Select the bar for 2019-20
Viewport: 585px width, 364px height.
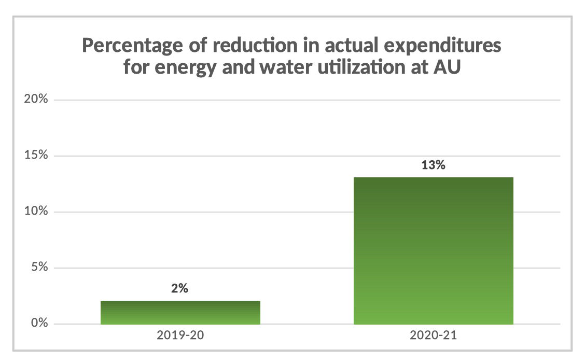pos(180,312)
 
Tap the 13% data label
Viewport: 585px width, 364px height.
pos(433,166)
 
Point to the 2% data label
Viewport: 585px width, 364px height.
pos(179,289)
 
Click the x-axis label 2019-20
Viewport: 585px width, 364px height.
pos(180,335)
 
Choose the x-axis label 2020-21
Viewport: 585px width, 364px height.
pos(433,335)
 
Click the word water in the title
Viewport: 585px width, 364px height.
pos(279,68)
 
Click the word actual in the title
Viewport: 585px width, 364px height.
pos(350,46)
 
